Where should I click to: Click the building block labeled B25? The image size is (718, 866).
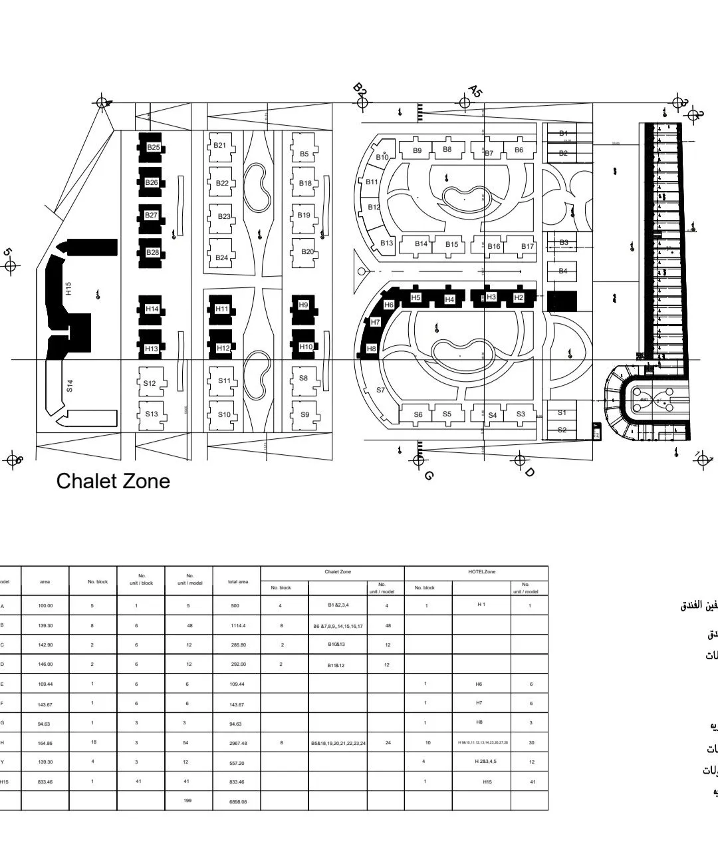click(x=153, y=148)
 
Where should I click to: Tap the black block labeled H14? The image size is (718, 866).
click(x=152, y=309)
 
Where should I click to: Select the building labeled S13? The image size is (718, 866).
click(x=152, y=414)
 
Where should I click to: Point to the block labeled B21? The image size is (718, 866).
click(x=221, y=146)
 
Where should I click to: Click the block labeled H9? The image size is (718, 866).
click(x=304, y=305)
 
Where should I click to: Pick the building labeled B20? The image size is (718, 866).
click(x=306, y=252)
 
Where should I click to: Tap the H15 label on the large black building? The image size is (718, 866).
click(x=68, y=289)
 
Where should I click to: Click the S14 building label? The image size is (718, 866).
click(x=70, y=385)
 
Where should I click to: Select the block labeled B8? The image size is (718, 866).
click(x=447, y=150)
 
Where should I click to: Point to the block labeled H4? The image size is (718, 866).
click(x=449, y=300)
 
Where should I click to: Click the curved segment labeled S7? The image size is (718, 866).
click(x=381, y=390)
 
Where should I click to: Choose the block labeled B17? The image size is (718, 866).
click(x=527, y=246)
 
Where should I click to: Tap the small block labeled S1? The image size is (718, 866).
click(x=562, y=412)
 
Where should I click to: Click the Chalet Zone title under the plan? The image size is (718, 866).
click(x=113, y=481)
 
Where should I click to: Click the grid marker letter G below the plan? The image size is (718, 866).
click(x=429, y=476)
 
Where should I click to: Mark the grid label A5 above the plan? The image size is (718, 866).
click(x=475, y=90)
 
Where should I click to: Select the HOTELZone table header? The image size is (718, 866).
click(x=482, y=572)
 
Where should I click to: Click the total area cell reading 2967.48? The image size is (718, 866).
click(x=237, y=744)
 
